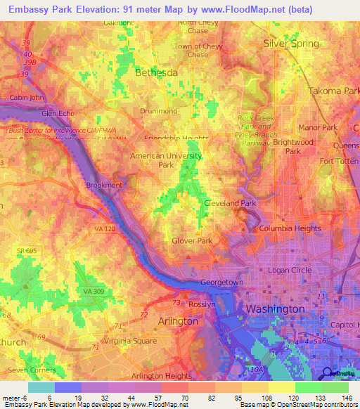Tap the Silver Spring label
pos(291,44)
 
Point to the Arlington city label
pos(179,320)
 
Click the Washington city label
pos(275,309)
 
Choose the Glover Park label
pos(192,240)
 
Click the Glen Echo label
pos(58,113)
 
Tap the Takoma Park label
pos(334,91)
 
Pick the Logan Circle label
pos(289,270)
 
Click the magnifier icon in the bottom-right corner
pos(327,373)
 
